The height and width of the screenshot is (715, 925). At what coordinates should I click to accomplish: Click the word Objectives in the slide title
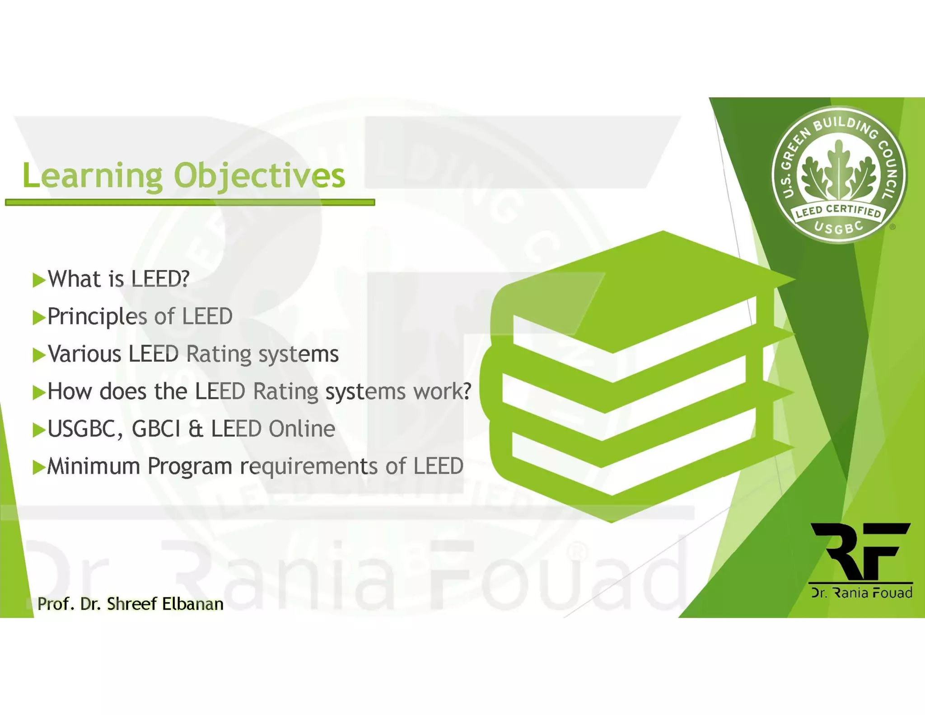pos(260,176)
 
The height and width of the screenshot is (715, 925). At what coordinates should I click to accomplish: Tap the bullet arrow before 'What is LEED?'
pos(39,280)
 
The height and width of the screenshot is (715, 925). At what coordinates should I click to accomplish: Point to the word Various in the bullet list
pos(84,354)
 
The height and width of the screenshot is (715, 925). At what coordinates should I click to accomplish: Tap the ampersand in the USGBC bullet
pos(196,429)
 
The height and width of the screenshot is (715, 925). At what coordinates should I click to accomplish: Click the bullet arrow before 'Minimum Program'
pos(39,467)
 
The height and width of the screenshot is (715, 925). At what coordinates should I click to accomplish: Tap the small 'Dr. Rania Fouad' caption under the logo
pos(861,593)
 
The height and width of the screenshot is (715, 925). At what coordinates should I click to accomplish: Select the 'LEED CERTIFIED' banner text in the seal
pos(838,211)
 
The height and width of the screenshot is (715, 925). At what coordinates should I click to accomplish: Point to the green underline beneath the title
pos(190,202)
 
